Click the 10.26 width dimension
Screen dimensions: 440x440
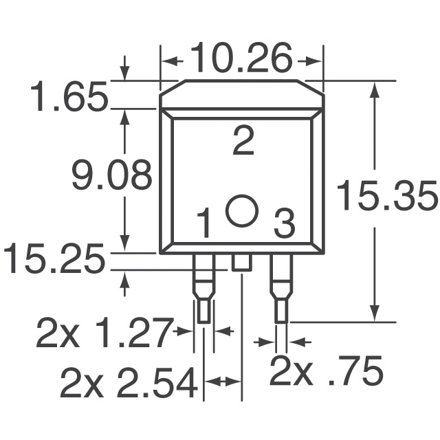point(241,59)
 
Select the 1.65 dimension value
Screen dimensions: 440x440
point(69,97)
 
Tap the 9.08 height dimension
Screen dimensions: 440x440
point(111,177)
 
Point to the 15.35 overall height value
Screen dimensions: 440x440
point(386,197)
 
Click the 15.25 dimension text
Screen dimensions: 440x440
point(55,261)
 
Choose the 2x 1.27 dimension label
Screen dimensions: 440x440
point(103,335)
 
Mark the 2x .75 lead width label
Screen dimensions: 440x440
point(325,372)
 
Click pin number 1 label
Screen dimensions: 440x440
point(203,224)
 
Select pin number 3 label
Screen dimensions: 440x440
point(284,224)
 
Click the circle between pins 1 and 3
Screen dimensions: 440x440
point(243,210)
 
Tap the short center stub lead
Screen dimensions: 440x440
point(242,262)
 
